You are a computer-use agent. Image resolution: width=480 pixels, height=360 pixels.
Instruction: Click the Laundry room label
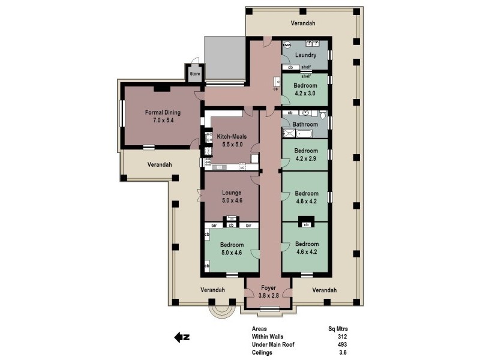click(305, 55)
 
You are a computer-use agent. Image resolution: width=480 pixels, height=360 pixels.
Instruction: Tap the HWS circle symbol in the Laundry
click(287, 44)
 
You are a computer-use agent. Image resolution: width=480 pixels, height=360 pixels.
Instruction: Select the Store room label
click(194, 74)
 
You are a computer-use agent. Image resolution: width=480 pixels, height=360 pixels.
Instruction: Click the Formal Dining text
click(163, 112)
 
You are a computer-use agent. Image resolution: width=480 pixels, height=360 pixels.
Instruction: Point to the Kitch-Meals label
click(232, 136)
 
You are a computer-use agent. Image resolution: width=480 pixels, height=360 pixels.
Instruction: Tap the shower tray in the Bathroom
click(289, 133)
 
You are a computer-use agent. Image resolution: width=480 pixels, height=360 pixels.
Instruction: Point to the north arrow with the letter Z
click(182, 337)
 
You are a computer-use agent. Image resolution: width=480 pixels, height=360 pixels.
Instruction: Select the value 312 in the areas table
click(343, 337)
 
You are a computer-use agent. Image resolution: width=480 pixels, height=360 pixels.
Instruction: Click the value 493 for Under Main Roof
click(343, 345)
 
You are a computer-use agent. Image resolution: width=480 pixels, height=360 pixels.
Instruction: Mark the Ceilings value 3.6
click(343, 353)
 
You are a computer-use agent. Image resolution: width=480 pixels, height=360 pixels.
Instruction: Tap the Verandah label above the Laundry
click(303, 23)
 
